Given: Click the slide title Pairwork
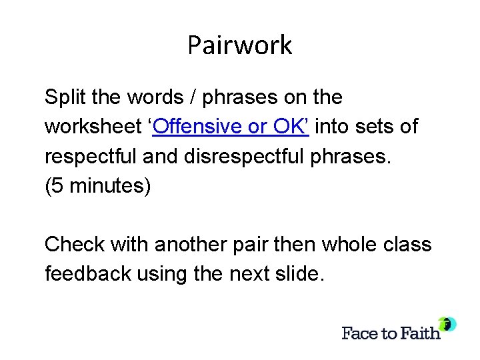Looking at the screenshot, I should (x=239, y=45).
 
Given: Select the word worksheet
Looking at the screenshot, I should (x=93, y=127).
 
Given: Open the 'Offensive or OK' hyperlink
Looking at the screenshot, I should (x=229, y=127).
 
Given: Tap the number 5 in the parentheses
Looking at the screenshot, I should (x=57, y=185).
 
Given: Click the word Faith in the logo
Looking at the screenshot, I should (x=421, y=333).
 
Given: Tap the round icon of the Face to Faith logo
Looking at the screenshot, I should (x=448, y=324).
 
